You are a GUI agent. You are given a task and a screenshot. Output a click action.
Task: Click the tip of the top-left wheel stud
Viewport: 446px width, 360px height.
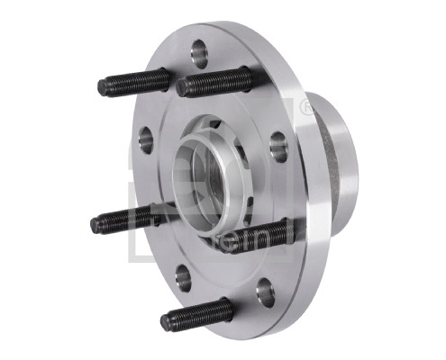click(x=104, y=88)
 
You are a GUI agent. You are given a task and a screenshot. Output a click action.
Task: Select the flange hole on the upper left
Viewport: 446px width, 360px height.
click(x=145, y=139)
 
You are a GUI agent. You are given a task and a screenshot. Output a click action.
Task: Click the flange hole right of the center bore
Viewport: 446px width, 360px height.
click(x=278, y=145)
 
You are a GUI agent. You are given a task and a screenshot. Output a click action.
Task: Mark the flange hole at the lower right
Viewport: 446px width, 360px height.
click(x=265, y=290)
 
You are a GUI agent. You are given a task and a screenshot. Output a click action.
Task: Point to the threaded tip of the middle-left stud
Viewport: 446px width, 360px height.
click(x=97, y=224)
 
